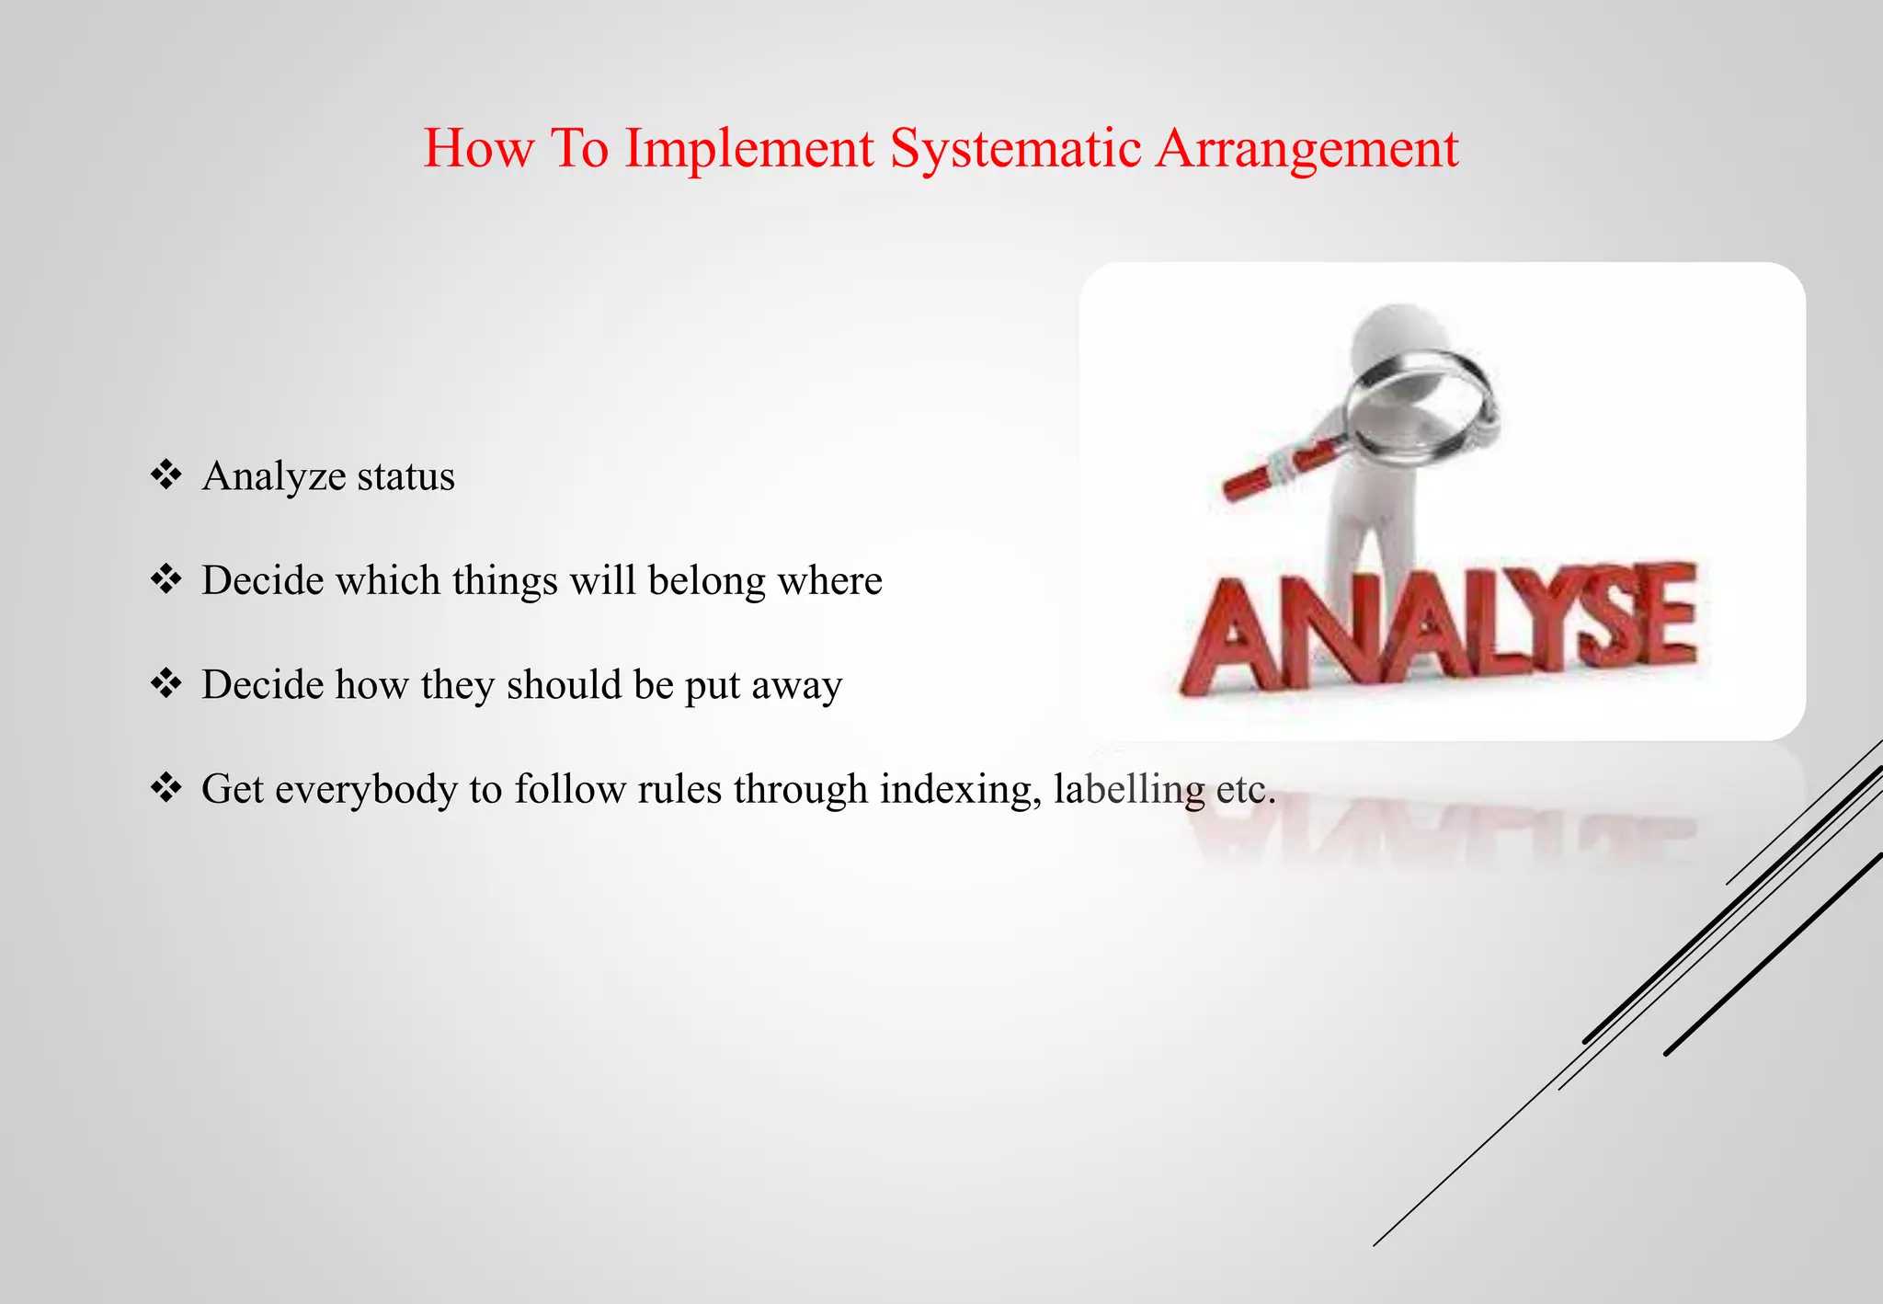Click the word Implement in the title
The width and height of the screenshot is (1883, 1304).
(x=748, y=150)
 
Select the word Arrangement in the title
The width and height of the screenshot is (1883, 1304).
(x=1306, y=150)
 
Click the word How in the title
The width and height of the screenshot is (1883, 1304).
(x=478, y=148)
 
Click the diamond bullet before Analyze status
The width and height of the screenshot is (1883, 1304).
(x=165, y=475)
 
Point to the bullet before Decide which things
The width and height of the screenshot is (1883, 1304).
(x=165, y=579)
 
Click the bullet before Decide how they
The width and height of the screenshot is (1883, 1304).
(x=165, y=684)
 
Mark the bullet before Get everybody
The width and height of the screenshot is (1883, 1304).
(x=165, y=788)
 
